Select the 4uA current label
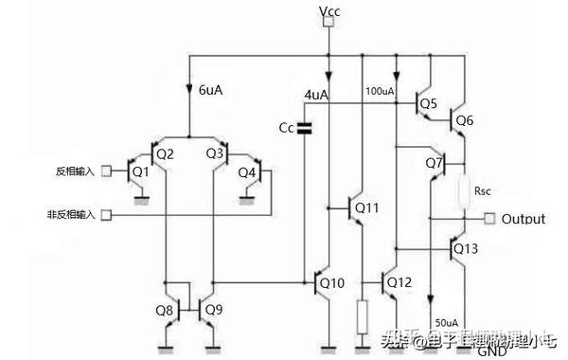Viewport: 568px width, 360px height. coord(315,95)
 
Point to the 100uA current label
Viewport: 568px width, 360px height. coord(380,92)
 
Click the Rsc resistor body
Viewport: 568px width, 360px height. coord(465,190)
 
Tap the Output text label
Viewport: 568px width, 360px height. coord(524,219)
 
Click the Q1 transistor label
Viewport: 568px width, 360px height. coord(141,171)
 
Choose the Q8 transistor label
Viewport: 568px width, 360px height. coord(165,309)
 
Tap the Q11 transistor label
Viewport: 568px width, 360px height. coord(367,207)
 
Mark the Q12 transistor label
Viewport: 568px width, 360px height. coord(399,281)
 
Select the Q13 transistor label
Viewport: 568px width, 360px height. coord(467,248)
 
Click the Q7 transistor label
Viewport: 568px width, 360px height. coord(434,163)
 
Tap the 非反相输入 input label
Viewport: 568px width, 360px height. coord(72,214)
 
